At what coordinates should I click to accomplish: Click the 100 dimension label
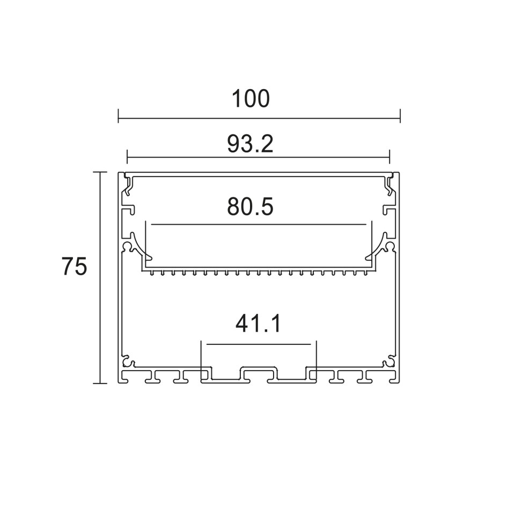[x=251, y=99]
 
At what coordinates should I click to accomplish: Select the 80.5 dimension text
[x=250, y=207]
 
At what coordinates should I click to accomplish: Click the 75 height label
[x=74, y=266]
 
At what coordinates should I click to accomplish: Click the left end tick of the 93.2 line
[x=127, y=157]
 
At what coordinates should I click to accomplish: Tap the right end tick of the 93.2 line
[x=389, y=157]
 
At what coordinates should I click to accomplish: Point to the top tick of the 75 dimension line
[x=100, y=172]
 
